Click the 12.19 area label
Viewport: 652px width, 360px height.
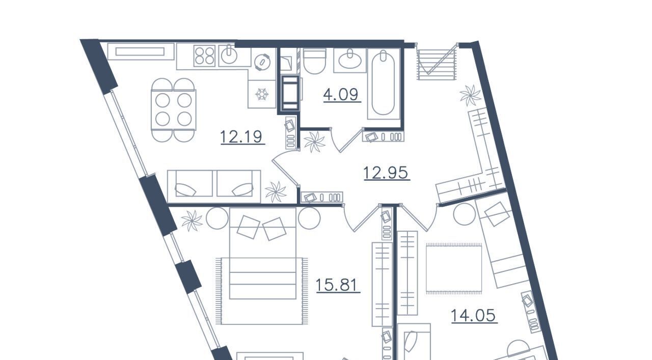[242, 137]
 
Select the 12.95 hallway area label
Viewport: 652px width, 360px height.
[387, 173]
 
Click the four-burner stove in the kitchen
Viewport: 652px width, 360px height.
[204, 56]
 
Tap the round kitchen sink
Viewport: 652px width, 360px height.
[231, 55]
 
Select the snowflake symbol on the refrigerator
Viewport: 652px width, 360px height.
[262, 94]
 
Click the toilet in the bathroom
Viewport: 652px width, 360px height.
[314, 61]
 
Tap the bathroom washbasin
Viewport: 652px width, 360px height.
[350, 60]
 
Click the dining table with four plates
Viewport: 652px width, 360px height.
[174, 109]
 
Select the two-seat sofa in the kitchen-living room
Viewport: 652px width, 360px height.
[214, 186]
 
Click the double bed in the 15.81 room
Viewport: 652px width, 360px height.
[263, 253]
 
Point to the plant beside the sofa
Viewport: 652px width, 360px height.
[276, 192]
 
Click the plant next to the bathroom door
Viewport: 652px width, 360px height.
[315, 142]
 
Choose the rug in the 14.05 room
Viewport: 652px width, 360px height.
[454, 268]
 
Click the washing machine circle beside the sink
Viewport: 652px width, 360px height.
[263, 62]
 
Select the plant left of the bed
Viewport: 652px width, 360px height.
[192, 221]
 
